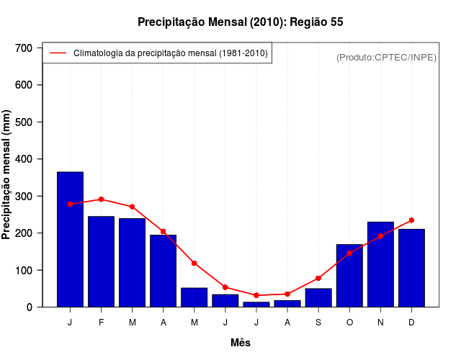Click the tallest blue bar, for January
point(70,239)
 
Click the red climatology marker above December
point(411,220)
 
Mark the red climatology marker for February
point(101,199)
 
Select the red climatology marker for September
point(318,278)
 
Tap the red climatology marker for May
point(194,264)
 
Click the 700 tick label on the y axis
point(24,48)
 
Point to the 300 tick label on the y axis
point(24,196)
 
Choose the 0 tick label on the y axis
point(30,307)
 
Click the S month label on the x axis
point(318,323)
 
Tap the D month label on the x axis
point(411,323)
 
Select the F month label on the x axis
point(101,323)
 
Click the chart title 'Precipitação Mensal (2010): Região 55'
point(240,22)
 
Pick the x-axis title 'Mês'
point(241,343)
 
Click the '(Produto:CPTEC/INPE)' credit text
point(386,57)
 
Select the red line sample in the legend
point(58,53)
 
